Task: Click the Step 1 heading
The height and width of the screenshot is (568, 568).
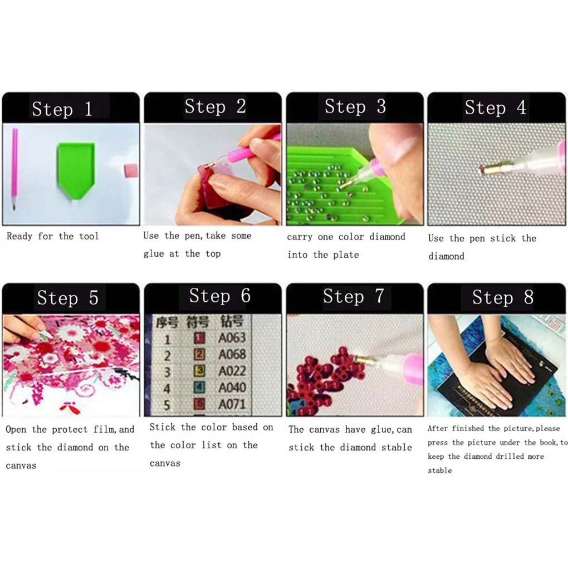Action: coord(62,109)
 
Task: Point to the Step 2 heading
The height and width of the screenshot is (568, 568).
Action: coord(215,106)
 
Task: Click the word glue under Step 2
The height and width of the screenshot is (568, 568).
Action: coord(154,254)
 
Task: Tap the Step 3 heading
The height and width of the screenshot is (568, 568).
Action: coord(355,106)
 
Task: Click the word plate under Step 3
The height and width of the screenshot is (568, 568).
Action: coord(346,255)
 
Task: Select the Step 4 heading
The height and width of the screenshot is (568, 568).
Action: coord(495,107)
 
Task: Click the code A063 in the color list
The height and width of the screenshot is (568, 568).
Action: coord(232,337)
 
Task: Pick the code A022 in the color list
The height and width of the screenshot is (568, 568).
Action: coord(232,371)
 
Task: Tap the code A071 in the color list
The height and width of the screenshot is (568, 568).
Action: coord(232,404)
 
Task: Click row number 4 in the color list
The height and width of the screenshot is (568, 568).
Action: coord(167,388)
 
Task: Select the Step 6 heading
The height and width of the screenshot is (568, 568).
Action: coord(219,296)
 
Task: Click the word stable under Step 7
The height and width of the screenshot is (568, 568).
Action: coord(396,448)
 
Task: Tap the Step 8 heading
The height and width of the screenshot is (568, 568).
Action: coord(502,298)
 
